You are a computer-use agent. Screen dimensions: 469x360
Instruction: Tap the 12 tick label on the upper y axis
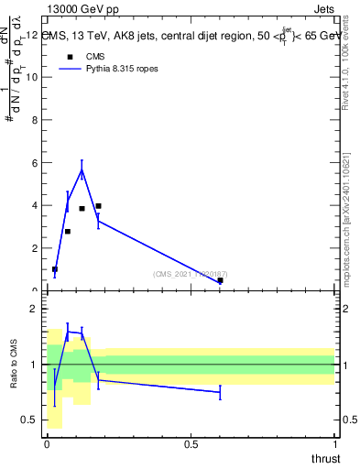pos(32,35)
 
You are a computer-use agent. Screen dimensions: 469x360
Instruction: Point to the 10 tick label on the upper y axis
pos(32,77)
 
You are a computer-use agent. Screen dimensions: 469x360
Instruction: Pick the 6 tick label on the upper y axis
pos(35,163)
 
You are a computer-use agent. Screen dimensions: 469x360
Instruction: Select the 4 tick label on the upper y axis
pos(35,205)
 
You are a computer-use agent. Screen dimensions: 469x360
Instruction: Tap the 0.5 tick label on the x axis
pos(191,445)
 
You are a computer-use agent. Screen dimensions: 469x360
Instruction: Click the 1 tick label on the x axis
pos(335,445)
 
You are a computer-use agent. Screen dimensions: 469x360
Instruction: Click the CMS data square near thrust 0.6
pos(220,280)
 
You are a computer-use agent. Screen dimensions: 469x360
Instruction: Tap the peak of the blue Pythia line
pos(82,169)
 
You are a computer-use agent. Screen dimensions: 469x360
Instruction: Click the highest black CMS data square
pos(98,206)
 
